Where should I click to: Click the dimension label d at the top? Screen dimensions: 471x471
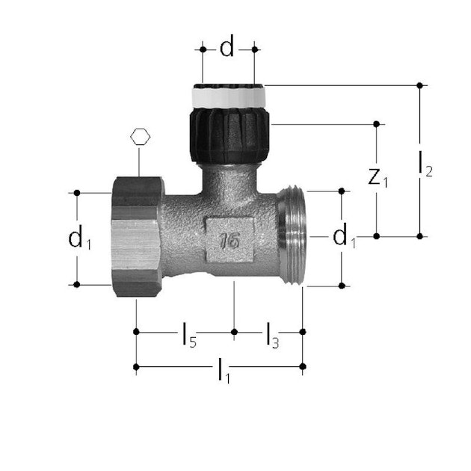click(x=227, y=49)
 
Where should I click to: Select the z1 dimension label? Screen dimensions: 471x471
click(x=380, y=179)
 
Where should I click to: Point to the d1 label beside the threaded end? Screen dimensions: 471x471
click(x=344, y=238)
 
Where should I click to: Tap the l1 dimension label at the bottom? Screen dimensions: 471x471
click(x=223, y=370)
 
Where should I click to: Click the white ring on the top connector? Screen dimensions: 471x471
click(x=227, y=97)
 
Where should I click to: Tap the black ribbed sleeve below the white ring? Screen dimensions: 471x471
click(x=227, y=135)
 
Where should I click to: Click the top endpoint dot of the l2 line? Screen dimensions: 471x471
click(x=420, y=85)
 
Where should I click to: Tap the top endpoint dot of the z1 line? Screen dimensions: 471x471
click(x=377, y=123)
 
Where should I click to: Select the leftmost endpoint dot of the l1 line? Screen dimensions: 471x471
click(x=135, y=366)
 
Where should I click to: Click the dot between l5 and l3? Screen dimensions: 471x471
click(x=234, y=331)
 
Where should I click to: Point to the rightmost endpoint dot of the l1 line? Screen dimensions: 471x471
click(x=302, y=366)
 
